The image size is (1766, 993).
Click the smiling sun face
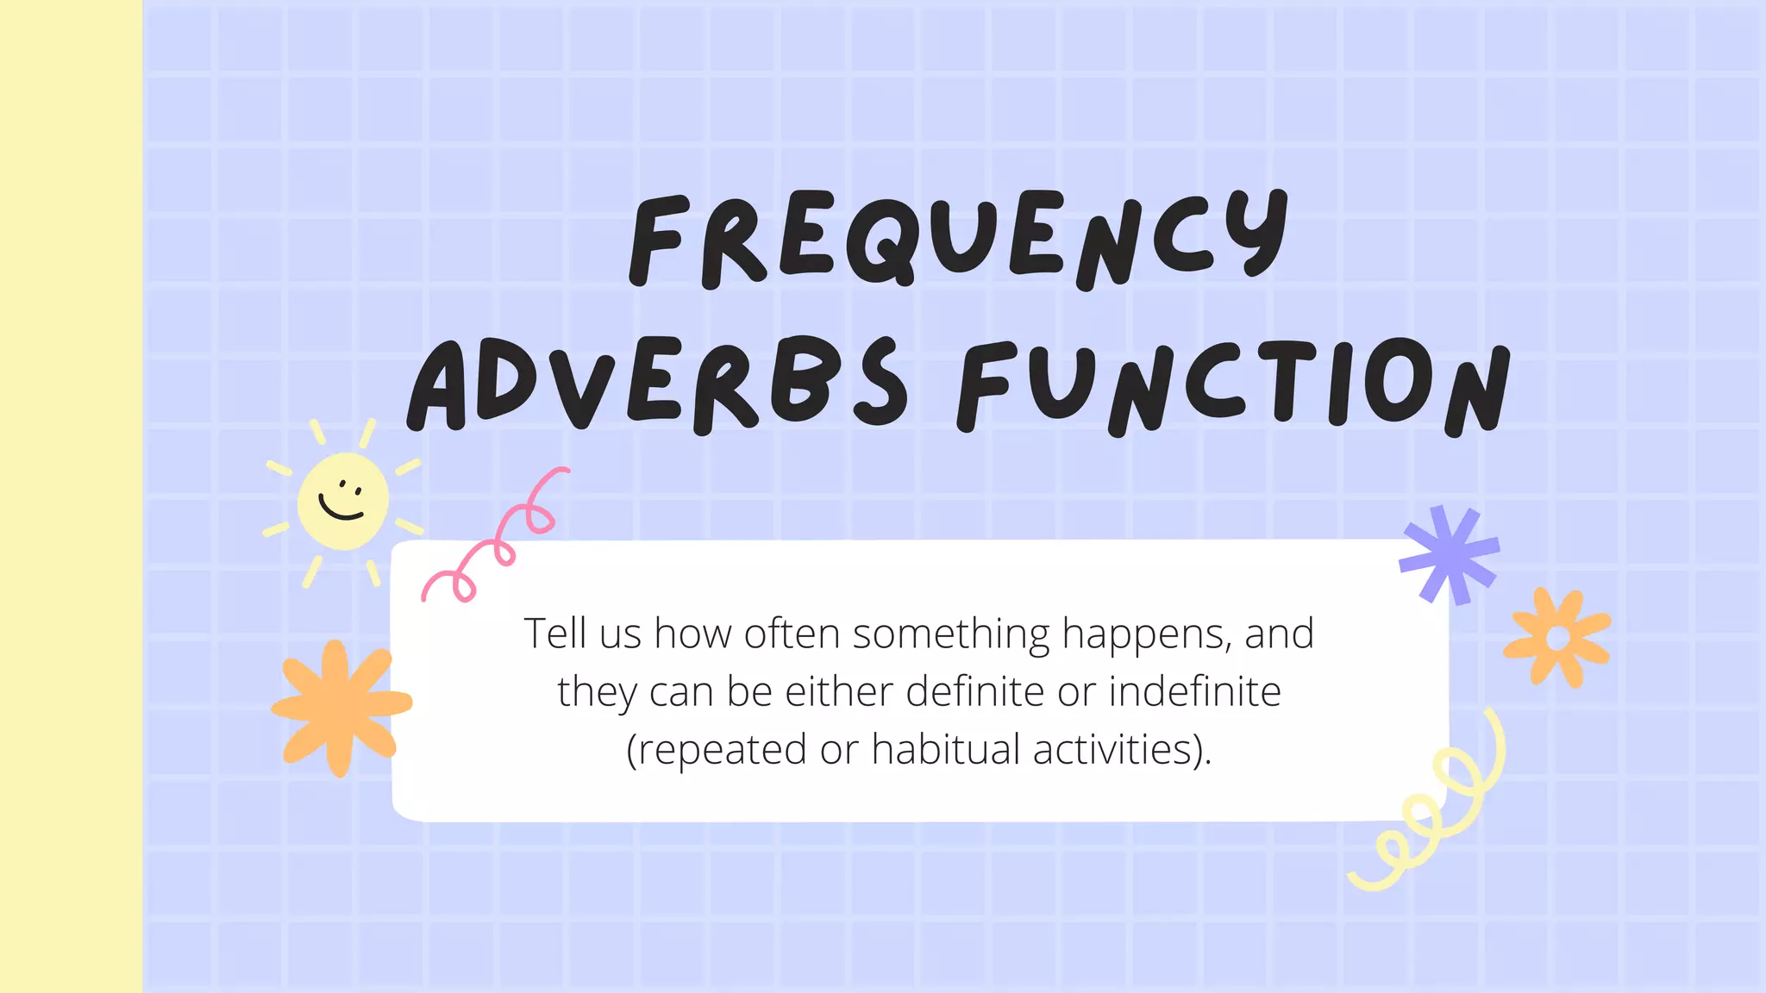click(x=342, y=501)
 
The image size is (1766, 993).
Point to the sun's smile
click(x=341, y=509)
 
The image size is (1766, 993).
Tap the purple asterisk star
click(x=1450, y=554)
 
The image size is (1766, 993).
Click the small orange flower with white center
click(x=1557, y=638)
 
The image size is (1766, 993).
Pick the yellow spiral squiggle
click(x=1431, y=810)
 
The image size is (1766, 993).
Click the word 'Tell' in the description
click(x=555, y=634)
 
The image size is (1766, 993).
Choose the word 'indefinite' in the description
click(x=1194, y=691)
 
